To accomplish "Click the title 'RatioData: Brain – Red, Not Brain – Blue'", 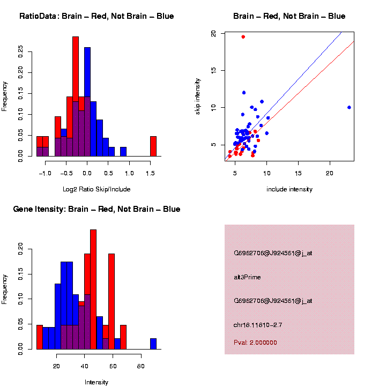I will click(96, 16).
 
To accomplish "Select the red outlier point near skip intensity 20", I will click(243, 37).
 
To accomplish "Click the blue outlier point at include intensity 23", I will click(349, 107).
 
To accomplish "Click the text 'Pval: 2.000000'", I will click(255, 343).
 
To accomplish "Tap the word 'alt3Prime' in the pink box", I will click(247, 277).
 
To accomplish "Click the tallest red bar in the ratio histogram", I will click(76, 96).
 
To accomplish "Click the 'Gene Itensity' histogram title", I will click(96, 209).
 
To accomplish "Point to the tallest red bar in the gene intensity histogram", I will click(93, 289).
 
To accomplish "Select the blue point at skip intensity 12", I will click(244, 93).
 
